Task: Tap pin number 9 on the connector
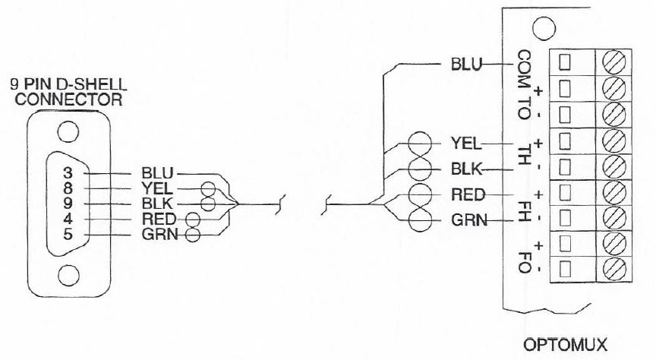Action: tap(68, 204)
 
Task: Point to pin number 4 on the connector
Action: tap(68, 219)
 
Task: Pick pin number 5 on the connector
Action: tap(68, 235)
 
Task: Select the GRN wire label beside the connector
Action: tap(156, 235)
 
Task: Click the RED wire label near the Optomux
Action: tap(468, 195)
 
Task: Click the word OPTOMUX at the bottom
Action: tap(566, 346)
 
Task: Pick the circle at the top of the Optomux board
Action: tap(541, 31)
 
